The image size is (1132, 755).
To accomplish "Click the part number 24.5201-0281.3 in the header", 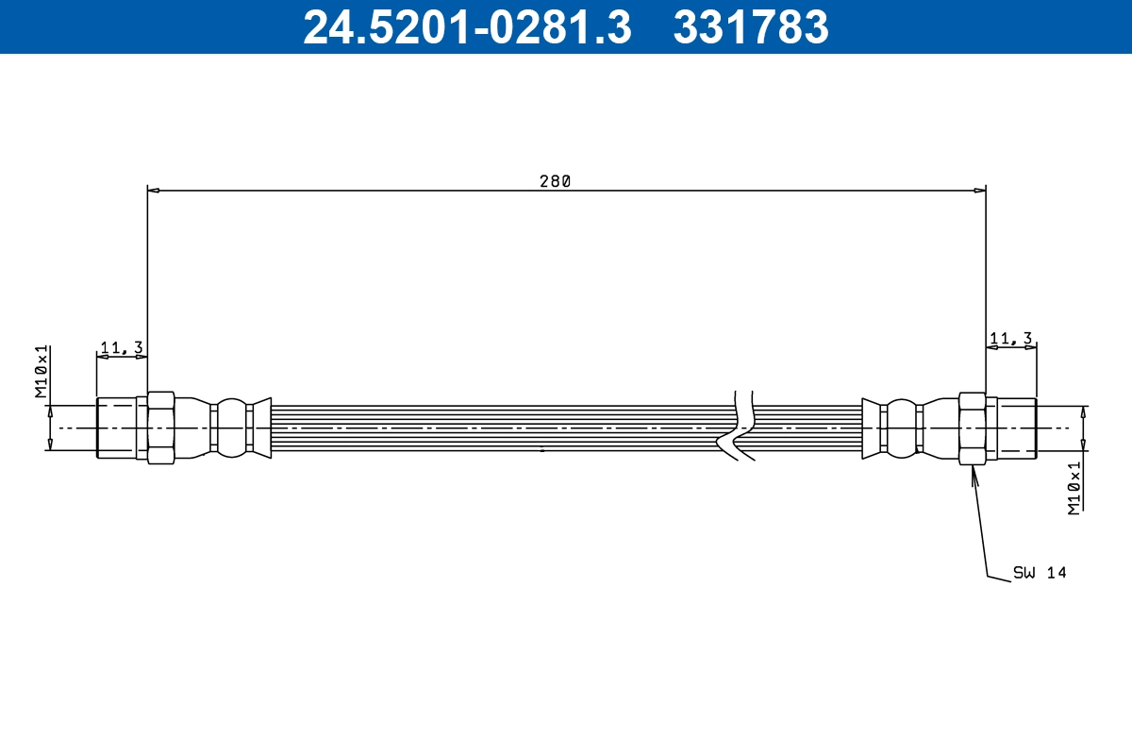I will click(x=466, y=27).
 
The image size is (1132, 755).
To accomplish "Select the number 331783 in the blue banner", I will click(x=750, y=27).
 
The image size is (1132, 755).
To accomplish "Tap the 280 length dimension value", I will click(x=555, y=181).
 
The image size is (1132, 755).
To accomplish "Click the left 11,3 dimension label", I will click(x=121, y=347).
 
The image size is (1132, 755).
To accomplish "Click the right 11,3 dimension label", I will click(x=1010, y=338).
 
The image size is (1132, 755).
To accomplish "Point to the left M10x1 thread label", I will click(x=42, y=372).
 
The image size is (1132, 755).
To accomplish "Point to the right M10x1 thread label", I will click(x=1074, y=488).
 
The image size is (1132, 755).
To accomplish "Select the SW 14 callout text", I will click(x=1039, y=572).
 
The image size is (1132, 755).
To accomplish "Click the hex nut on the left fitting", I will click(x=160, y=428).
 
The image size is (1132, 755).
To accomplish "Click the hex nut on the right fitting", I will click(x=972, y=428).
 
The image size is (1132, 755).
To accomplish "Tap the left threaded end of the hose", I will click(x=116, y=428).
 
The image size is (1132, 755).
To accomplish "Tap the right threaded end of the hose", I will click(x=1017, y=428).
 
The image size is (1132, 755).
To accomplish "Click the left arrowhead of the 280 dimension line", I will click(x=154, y=191).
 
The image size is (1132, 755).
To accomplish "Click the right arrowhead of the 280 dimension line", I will click(x=979, y=191).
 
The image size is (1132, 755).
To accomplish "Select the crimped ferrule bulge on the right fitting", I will click(x=902, y=428).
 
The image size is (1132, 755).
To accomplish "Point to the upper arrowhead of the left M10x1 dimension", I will click(x=50, y=411).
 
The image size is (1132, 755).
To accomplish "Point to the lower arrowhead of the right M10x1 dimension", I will click(x=1083, y=445).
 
